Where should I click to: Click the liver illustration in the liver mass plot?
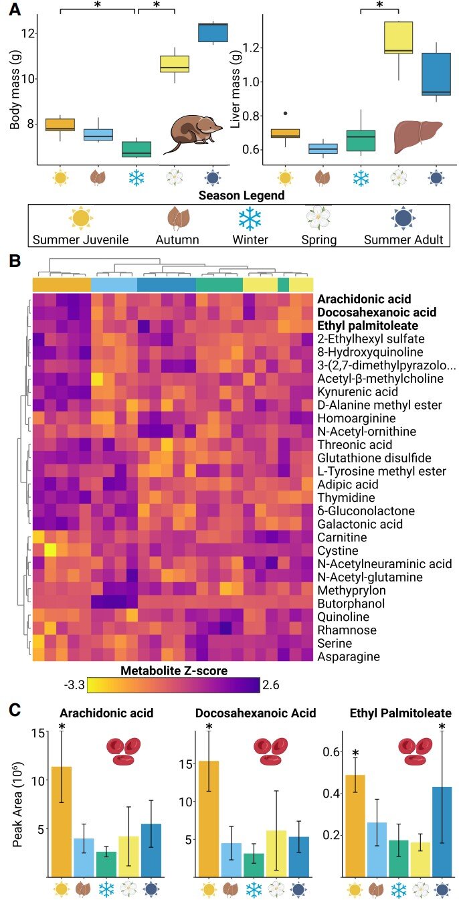(x=418, y=135)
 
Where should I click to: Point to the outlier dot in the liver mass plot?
(x=286, y=114)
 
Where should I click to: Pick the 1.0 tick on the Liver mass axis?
(x=250, y=82)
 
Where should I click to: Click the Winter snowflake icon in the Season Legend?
(x=250, y=219)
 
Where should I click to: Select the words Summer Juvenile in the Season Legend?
(x=80, y=239)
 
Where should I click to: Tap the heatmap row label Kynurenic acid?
(x=357, y=391)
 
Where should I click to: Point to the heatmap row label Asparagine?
(x=349, y=656)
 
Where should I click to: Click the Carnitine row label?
(x=343, y=537)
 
